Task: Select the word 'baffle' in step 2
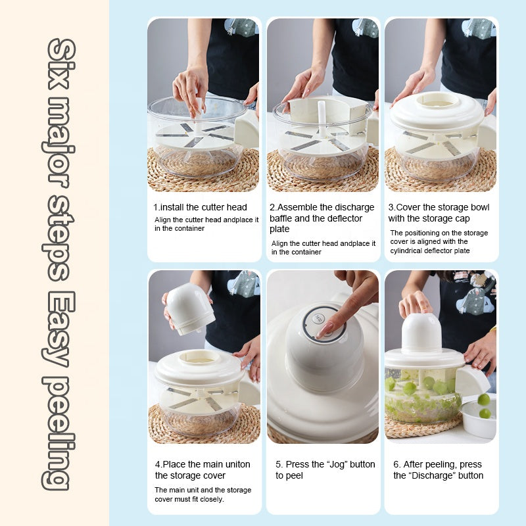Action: (x=284, y=218)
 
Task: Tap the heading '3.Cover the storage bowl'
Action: (x=439, y=207)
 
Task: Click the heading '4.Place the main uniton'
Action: (x=203, y=464)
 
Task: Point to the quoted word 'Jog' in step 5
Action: (x=339, y=464)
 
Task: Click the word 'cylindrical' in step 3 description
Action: (x=409, y=251)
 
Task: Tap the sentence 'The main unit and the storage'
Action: (x=203, y=490)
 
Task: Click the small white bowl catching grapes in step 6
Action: (x=478, y=421)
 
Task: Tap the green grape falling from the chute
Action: (x=483, y=399)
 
